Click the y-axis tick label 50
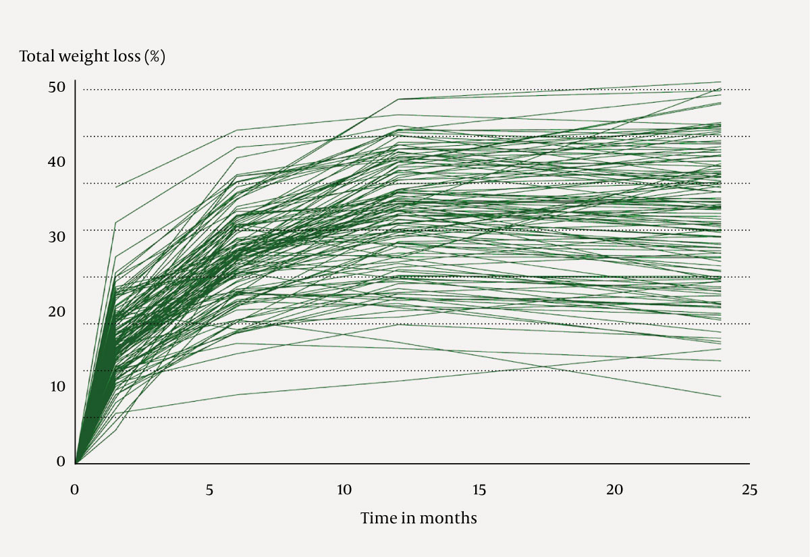coord(57,88)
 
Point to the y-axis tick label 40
coord(57,162)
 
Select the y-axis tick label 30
coord(57,237)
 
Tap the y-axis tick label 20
coord(57,312)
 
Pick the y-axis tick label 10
coord(57,387)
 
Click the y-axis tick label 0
coord(61,462)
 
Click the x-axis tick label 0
coord(75,490)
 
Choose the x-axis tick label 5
coord(210,490)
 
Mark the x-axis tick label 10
coord(344,490)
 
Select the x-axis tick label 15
coord(479,490)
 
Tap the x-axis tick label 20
coord(614,490)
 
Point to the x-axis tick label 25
coord(749,490)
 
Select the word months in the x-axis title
coord(448,519)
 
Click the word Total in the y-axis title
coord(36,56)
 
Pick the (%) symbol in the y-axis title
coord(155,57)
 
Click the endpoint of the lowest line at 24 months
coord(721,397)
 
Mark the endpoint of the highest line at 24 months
coord(721,82)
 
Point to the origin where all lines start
coord(75,464)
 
